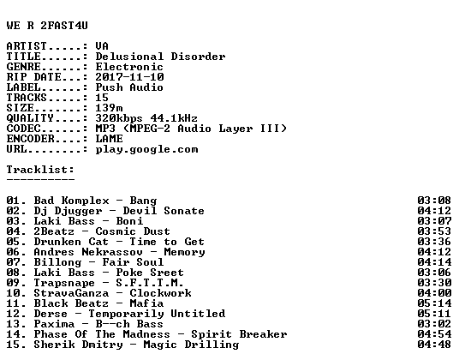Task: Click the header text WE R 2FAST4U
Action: point(47,26)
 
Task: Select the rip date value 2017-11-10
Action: point(129,77)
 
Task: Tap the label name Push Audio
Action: point(129,87)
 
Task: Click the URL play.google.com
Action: point(146,150)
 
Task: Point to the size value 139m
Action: point(110,108)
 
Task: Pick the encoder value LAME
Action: point(110,139)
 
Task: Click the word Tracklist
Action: point(39,170)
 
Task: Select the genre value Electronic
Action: point(129,67)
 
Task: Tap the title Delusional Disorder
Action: point(160,57)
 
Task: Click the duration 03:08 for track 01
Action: point(434,201)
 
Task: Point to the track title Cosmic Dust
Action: point(133,231)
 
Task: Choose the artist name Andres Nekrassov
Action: point(88,252)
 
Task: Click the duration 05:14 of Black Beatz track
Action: point(434,303)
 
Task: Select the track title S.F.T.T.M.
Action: point(150,283)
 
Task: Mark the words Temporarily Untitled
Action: point(157,314)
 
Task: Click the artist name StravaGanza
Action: point(71,293)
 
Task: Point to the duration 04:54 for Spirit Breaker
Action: point(434,334)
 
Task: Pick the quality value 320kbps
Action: point(119,118)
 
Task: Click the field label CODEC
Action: point(23,129)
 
